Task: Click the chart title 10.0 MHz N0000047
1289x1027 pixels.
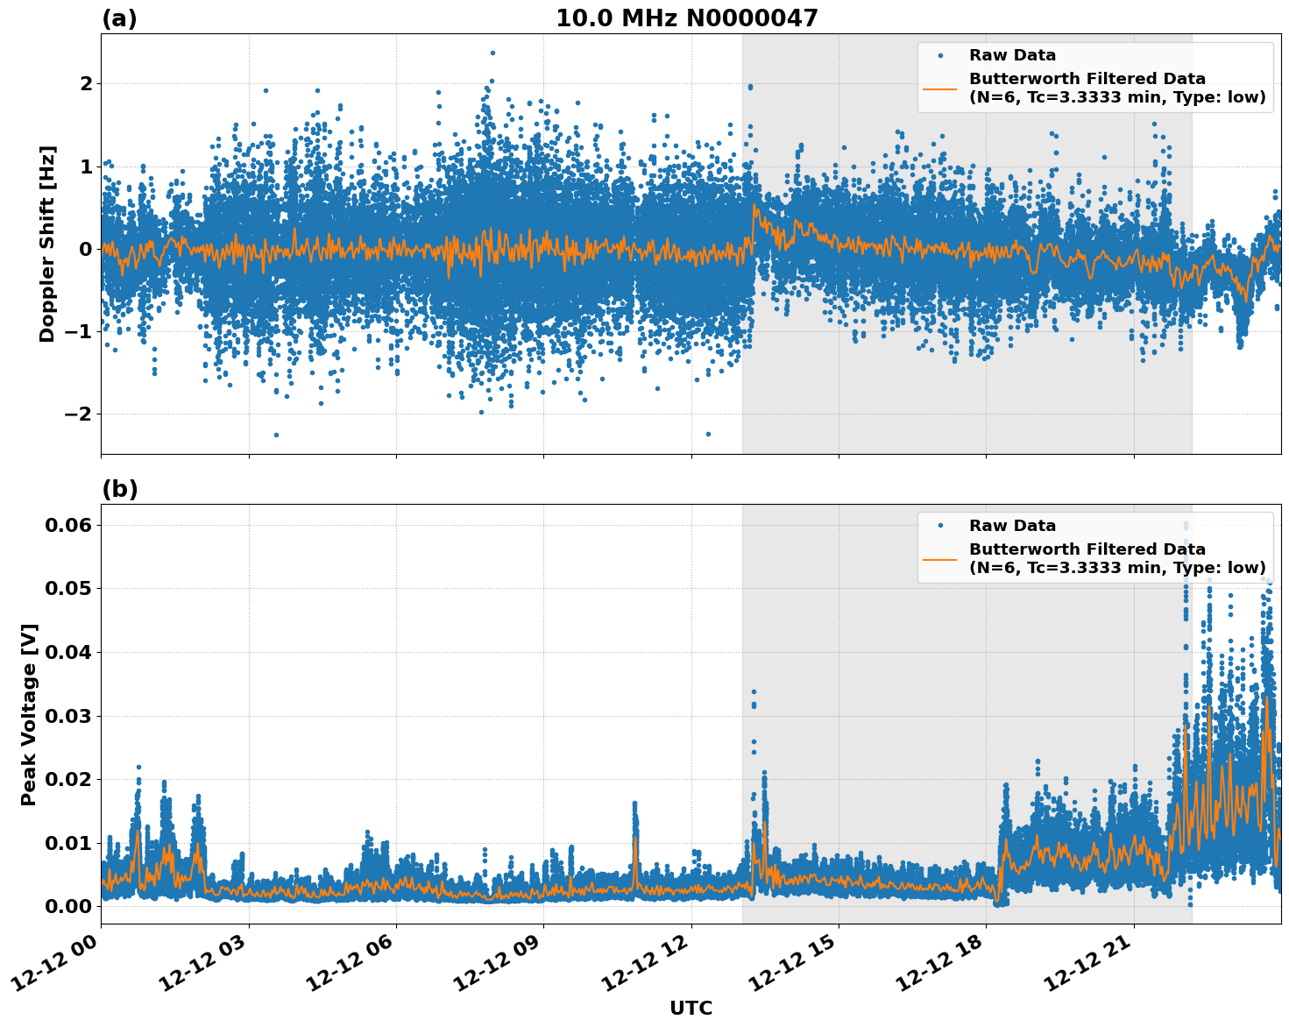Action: pyautogui.click(x=686, y=18)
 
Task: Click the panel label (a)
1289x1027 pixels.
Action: pyautogui.click(x=119, y=18)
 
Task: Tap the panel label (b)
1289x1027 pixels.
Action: pyautogui.click(x=119, y=489)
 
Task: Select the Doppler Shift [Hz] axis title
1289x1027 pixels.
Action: pyautogui.click(x=47, y=244)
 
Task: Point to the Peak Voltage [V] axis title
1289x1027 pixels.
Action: pyautogui.click(x=29, y=714)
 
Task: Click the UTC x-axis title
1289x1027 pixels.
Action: pyautogui.click(x=691, y=1008)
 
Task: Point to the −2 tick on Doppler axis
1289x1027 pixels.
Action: pyautogui.click(x=77, y=414)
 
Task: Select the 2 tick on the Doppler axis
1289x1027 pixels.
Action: pyautogui.click(x=86, y=83)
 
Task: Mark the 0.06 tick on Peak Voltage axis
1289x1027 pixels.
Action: pyautogui.click(x=67, y=525)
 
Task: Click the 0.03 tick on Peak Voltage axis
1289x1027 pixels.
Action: pyautogui.click(x=67, y=716)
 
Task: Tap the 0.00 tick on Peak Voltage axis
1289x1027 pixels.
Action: pyautogui.click(x=67, y=906)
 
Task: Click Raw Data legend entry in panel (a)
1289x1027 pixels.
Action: pyautogui.click(x=1012, y=55)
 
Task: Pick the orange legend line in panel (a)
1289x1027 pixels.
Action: pyautogui.click(x=940, y=88)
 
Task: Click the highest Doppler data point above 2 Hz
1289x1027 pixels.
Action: pyautogui.click(x=492, y=53)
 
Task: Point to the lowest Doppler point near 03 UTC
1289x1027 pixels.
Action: pyautogui.click(x=276, y=435)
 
